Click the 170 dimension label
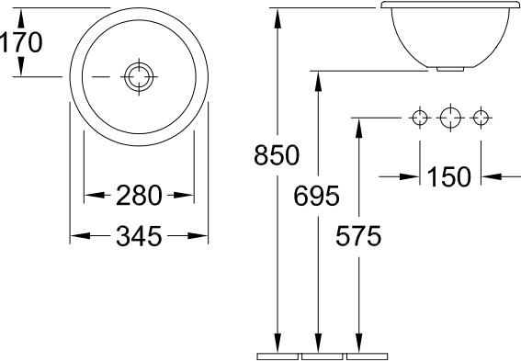[21, 42]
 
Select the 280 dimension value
[139, 196]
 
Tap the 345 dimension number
[139, 236]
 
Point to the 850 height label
[277, 155]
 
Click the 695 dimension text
[316, 196]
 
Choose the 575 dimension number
[358, 236]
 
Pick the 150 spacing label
[448, 176]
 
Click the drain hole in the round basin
[139, 76]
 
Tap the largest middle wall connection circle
[450, 118]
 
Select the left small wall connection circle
[420, 118]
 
